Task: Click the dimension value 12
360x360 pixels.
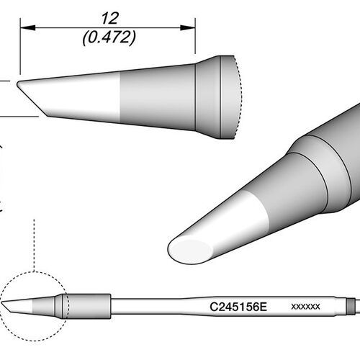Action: (109, 19)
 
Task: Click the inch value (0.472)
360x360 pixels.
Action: (109, 37)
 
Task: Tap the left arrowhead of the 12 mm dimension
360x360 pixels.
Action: (28, 27)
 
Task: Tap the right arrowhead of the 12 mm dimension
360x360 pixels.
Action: (188, 27)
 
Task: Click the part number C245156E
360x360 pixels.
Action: (238, 307)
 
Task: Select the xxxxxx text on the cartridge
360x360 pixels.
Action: (305, 307)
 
